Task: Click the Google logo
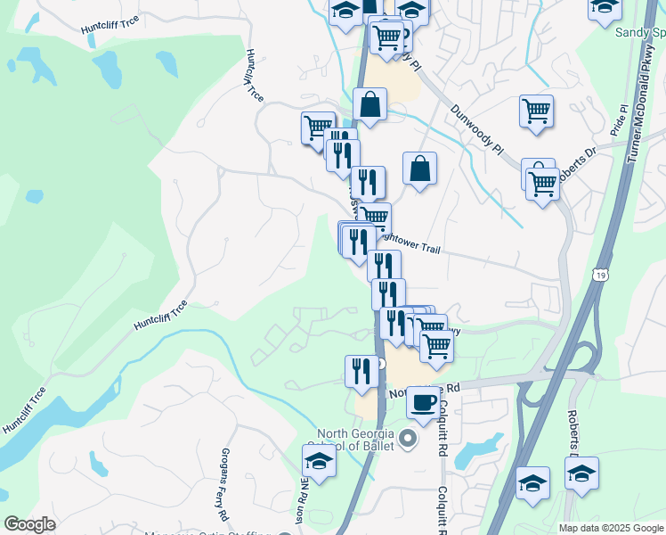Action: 30,524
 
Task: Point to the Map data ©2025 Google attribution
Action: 611,528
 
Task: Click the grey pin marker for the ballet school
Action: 409,438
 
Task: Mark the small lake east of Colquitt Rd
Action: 470,454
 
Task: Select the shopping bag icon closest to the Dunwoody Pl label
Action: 419,168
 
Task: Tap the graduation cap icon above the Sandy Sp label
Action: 604,7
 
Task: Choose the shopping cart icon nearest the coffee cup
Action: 436,344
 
